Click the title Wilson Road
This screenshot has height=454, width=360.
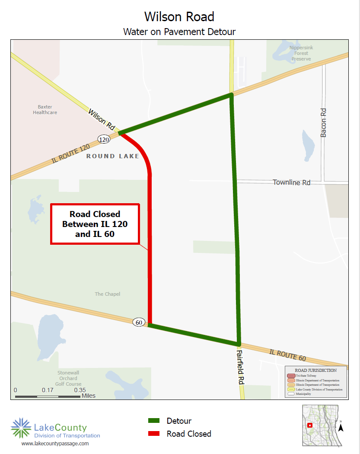pyautogui.click(x=179, y=16)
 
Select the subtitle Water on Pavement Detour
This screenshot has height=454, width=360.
pyautogui.click(x=179, y=32)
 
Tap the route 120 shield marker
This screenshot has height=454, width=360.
pyautogui.click(x=103, y=139)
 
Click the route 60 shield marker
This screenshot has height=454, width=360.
pyautogui.click(x=139, y=322)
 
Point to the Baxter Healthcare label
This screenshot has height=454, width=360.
pyautogui.click(x=45, y=109)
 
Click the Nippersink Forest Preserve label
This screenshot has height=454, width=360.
pyautogui.click(x=301, y=53)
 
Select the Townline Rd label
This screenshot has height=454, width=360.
pyautogui.click(x=291, y=182)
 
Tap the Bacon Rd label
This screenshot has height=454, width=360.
pyautogui.click(x=323, y=123)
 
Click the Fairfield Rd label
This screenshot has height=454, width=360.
pyautogui.click(x=240, y=368)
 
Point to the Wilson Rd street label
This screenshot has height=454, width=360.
pyautogui.click(x=102, y=120)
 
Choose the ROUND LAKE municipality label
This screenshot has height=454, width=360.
pyautogui.click(x=113, y=156)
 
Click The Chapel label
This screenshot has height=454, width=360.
pyautogui.click(x=108, y=294)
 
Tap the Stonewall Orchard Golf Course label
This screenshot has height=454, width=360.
pyautogui.click(x=68, y=378)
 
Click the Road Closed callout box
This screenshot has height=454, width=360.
pyautogui.click(x=95, y=224)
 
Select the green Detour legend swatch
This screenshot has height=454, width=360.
pyautogui.click(x=154, y=421)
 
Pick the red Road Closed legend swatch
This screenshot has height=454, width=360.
pyautogui.click(x=154, y=434)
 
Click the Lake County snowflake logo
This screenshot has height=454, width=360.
pyautogui.click(x=21, y=428)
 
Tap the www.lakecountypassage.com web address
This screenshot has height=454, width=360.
pyautogui.click(x=55, y=444)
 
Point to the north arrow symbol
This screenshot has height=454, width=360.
pyautogui.click(x=341, y=427)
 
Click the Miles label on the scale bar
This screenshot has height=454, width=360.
pyautogui.click(x=89, y=396)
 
